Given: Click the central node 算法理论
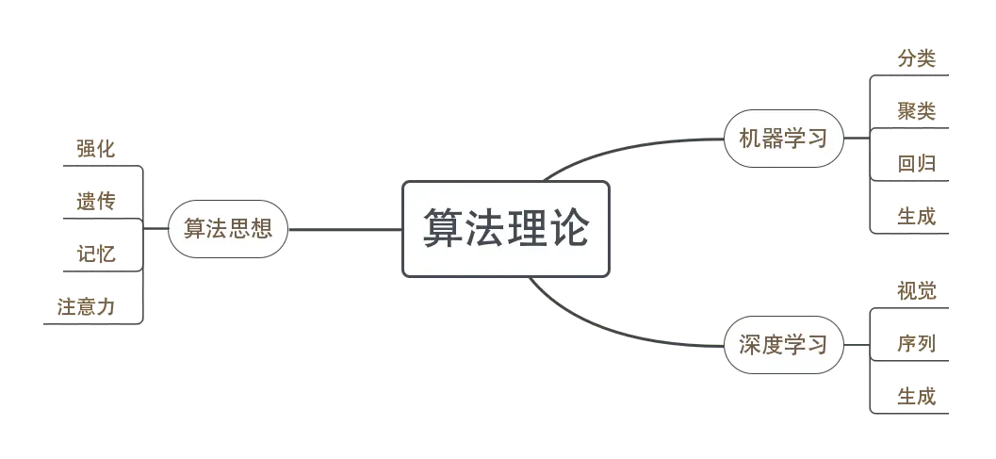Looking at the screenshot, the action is (506, 229).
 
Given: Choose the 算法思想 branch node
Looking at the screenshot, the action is (227, 229).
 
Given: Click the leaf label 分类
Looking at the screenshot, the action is (918, 58).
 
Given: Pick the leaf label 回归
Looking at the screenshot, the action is (918, 166).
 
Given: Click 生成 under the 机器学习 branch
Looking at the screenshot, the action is (918, 219).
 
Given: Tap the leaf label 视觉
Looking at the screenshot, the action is (918, 290).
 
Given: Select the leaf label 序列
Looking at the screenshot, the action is (918, 344).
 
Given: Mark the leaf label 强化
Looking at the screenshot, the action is (96, 149).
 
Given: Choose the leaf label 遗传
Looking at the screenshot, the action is (96, 201).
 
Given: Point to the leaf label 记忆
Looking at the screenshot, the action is (96, 254).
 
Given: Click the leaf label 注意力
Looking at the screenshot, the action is (86, 307).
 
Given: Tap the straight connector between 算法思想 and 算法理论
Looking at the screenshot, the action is (345, 229).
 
